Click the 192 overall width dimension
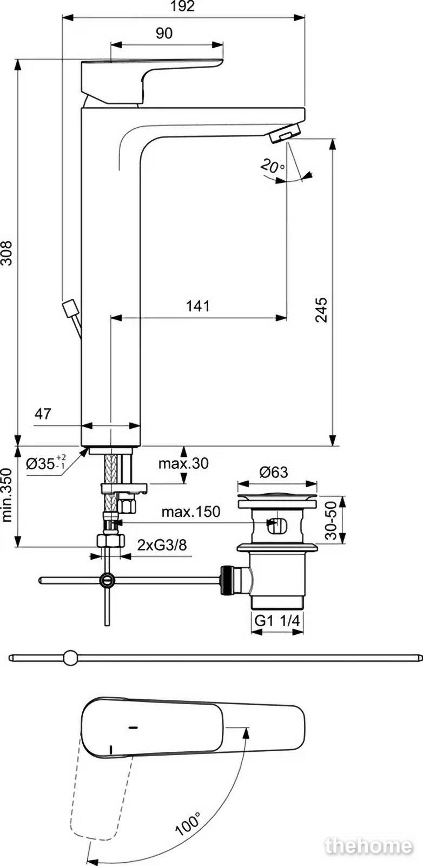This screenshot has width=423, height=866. click(183, 6)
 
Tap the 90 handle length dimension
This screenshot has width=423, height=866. click(164, 33)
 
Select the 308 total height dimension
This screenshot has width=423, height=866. click(8, 253)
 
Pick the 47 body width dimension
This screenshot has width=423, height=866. click(43, 414)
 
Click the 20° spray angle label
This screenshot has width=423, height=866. click(273, 166)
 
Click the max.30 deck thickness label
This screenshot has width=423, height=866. click(183, 463)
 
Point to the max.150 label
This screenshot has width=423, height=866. click(191, 512)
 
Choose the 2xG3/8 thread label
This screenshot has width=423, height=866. click(162, 545)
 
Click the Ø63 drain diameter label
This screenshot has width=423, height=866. click(274, 471)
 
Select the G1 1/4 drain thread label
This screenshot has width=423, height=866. click(277, 621)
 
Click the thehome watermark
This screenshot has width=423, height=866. click(368, 846)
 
